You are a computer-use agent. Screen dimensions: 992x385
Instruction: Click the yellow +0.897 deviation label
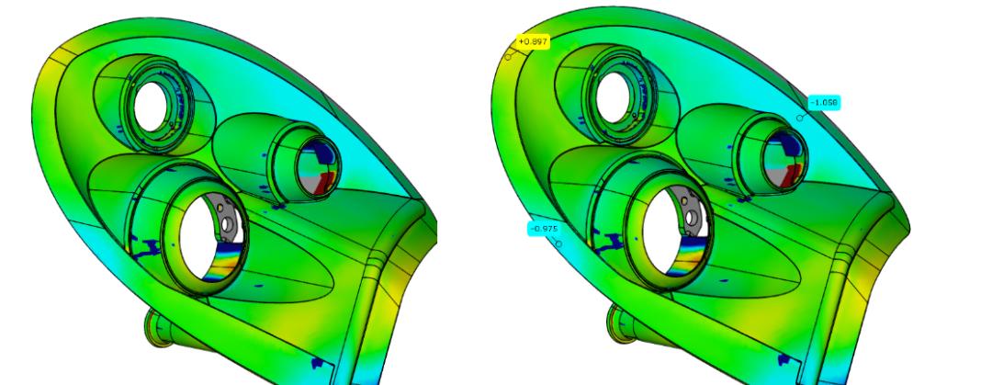(533, 41)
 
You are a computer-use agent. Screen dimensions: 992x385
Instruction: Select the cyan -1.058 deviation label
(824, 102)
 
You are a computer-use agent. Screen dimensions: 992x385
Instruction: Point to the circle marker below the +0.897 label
(508, 58)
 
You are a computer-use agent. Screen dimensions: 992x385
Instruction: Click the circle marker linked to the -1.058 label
(800, 118)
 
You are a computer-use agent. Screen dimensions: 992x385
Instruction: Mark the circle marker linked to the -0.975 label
(558, 243)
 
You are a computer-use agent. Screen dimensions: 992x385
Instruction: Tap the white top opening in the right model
(613, 97)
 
